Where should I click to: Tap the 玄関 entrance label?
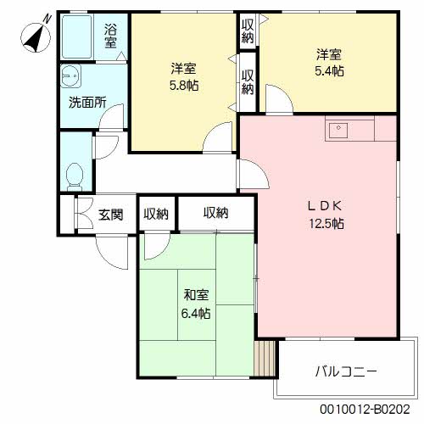point(110,214)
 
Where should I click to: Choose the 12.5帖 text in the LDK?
point(326,224)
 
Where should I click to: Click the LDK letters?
point(326,206)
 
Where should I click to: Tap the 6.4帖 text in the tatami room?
point(197,312)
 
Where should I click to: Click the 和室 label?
point(197,295)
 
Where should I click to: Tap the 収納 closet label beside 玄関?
point(155,214)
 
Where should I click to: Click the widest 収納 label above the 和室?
point(215,213)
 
